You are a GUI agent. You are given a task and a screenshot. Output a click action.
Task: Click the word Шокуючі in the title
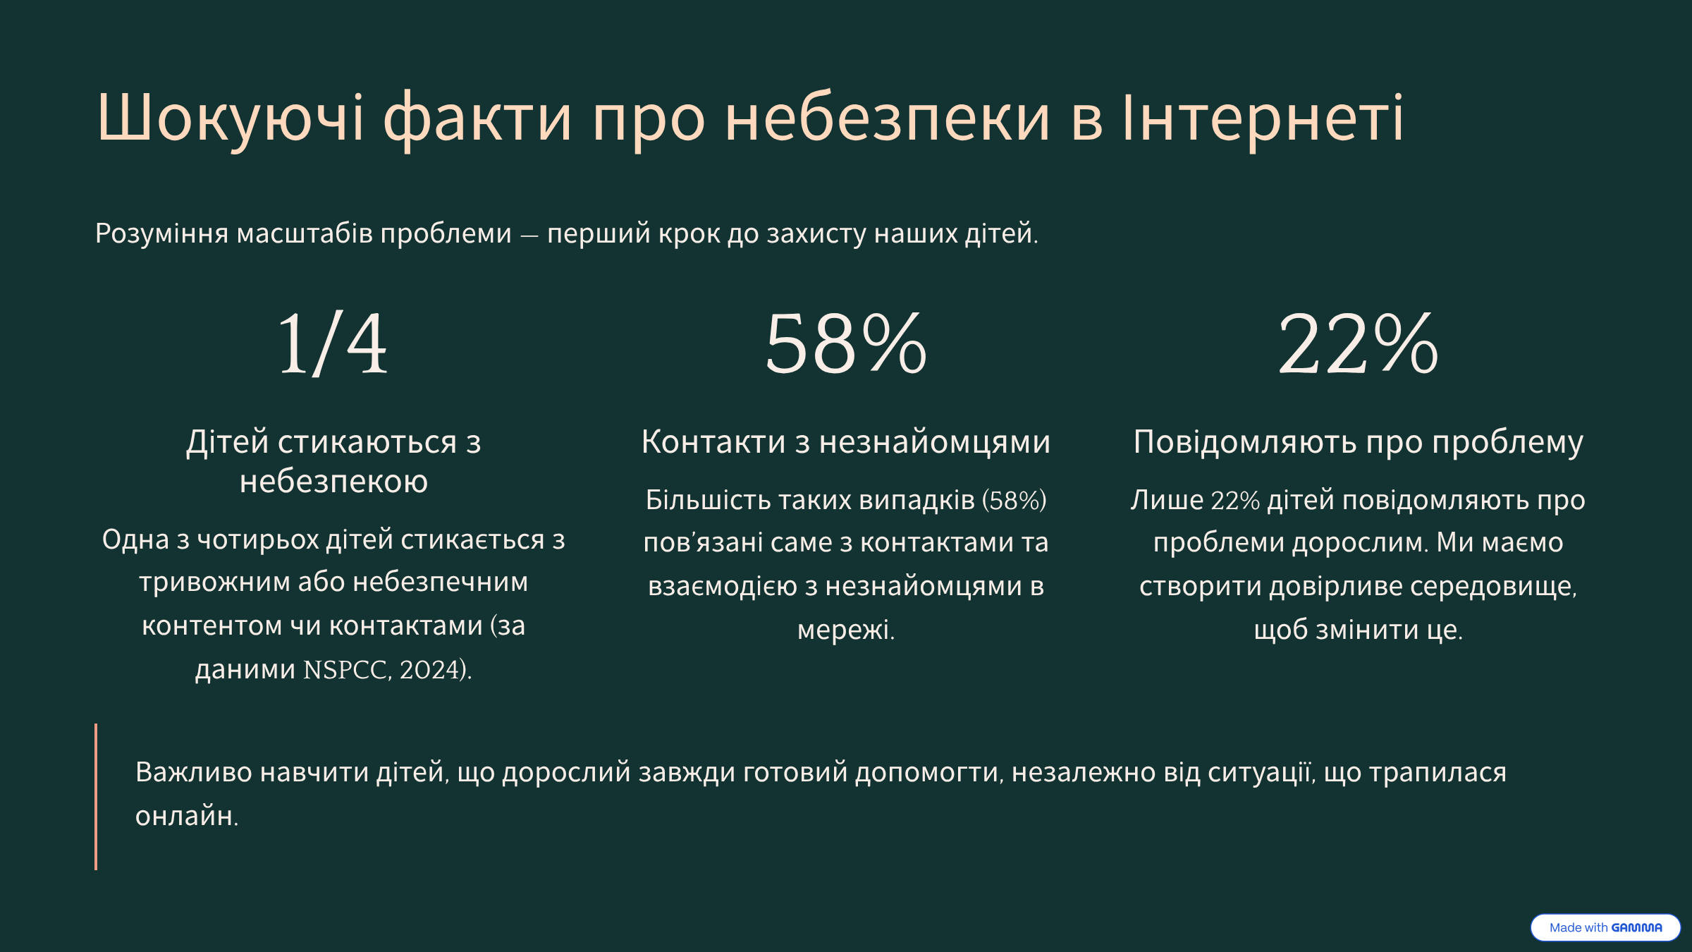pyautogui.click(x=231, y=118)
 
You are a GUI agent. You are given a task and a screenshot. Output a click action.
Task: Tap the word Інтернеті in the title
pyautogui.click(x=1263, y=117)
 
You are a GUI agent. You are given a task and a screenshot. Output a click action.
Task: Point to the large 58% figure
pyautogui.click(x=846, y=344)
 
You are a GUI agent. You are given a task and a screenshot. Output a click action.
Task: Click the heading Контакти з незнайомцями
pyautogui.click(x=846, y=442)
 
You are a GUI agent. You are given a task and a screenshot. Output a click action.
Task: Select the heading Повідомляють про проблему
pyautogui.click(x=1359, y=443)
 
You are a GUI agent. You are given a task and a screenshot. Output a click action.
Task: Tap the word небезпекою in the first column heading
pyautogui.click(x=333, y=482)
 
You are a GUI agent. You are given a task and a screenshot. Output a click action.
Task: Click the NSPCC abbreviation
pyautogui.click(x=345, y=670)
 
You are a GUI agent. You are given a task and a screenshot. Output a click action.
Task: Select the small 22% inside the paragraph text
pyautogui.click(x=1235, y=501)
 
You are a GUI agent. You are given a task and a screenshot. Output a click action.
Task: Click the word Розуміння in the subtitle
pyautogui.click(x=161, y=233)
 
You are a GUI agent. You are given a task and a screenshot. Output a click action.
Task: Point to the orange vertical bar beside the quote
pyautogui.click(x=96, y=796)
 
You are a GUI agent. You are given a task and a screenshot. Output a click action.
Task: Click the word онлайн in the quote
pyautogui.click(x=185, y=816)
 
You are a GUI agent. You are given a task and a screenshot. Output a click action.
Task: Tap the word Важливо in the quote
pyautogui.click(x=194, y=773)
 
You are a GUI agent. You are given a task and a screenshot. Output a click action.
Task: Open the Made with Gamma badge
pyautogui.click(x=1605, y=927)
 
